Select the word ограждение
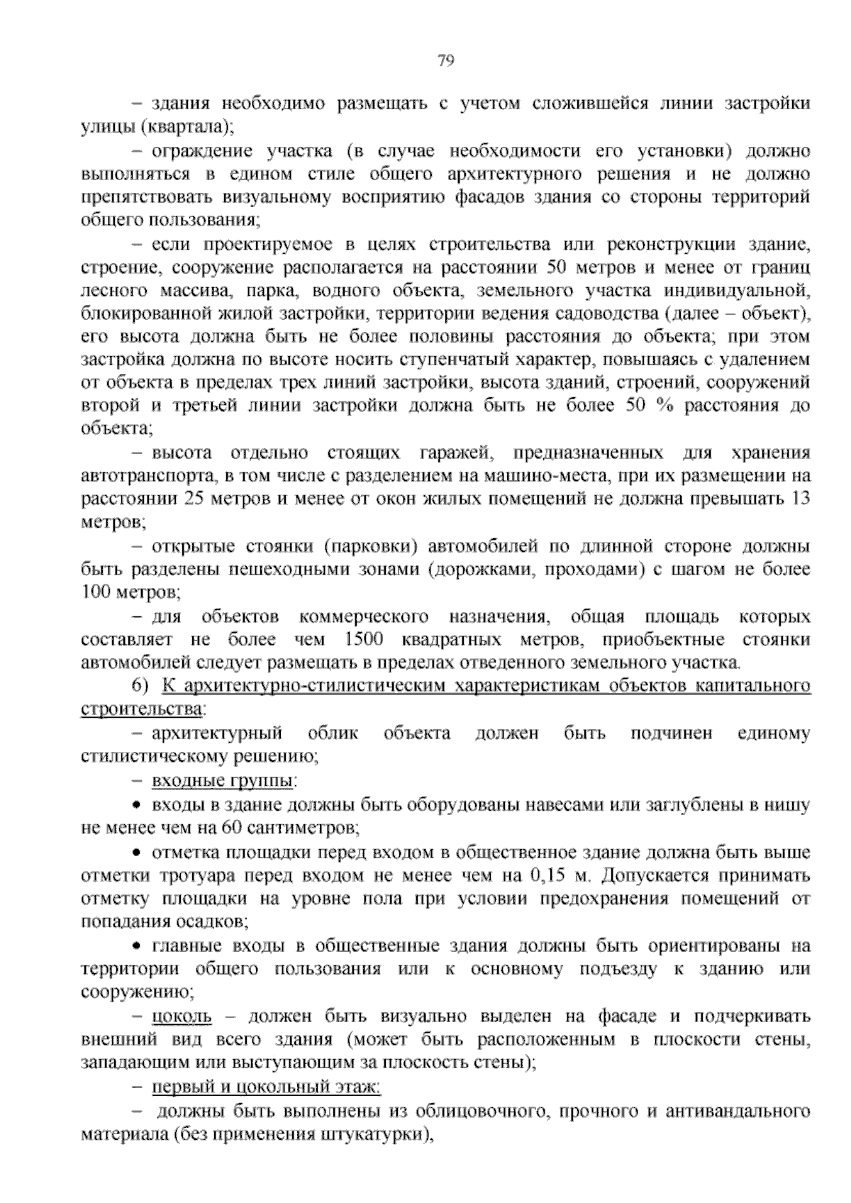pyautogui.click(x=203, y=151)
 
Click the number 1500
pyautogui.click(x=362, y=640)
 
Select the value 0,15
pyautogui.click(x=547, y=875)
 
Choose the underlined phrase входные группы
pyautogui.click(x=223, y=781)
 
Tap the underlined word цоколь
pyautogui.click(x=182, y=1016)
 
